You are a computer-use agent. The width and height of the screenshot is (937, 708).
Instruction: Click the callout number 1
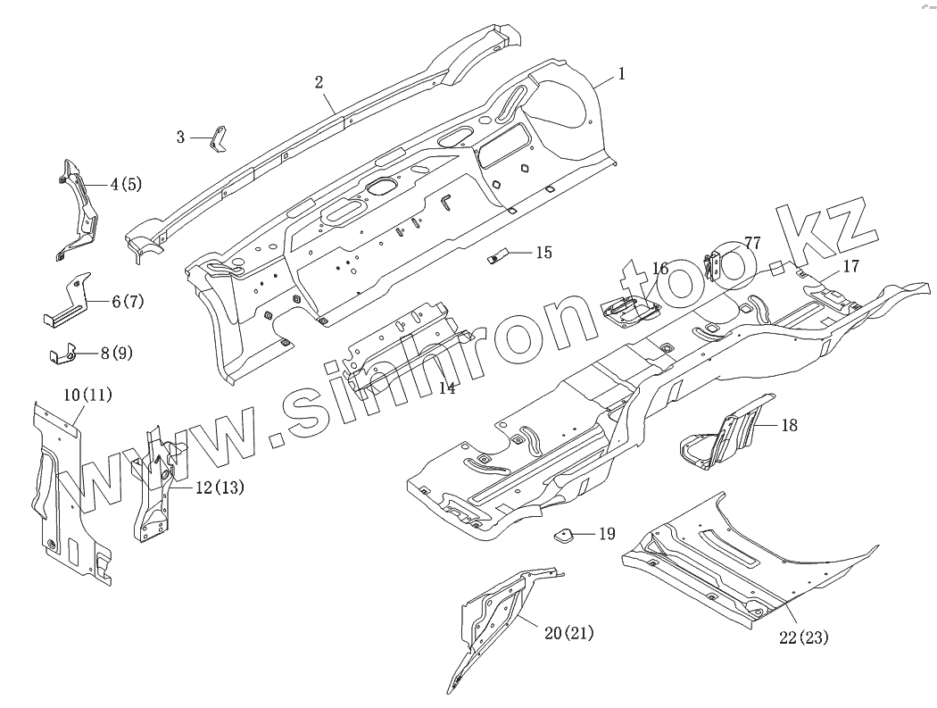621,75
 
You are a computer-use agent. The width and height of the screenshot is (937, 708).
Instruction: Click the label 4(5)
126,185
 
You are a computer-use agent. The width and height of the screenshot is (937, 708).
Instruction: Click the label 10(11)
87,394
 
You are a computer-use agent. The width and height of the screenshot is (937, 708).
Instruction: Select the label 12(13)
219,487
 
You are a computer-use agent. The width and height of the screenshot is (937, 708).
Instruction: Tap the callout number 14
447,387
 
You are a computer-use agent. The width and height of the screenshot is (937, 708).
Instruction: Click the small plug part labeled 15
496,257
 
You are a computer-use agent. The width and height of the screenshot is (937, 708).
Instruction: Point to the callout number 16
659,268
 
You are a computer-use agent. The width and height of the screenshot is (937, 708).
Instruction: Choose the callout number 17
850,266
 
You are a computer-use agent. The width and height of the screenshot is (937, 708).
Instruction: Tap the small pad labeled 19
564,536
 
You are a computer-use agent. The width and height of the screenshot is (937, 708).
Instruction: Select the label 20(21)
568,633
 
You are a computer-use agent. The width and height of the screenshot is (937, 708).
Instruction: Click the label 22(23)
803,637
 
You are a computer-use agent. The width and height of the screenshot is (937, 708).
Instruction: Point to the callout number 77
752,242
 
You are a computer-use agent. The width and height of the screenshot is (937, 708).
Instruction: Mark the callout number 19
606,535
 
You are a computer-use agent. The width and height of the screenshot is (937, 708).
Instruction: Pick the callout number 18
789,426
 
